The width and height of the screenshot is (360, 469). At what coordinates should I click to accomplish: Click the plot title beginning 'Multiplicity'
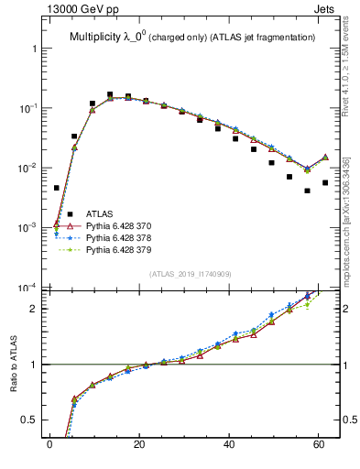(x=191, y=37)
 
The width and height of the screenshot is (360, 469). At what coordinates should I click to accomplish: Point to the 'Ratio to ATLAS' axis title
(x=12, y=364)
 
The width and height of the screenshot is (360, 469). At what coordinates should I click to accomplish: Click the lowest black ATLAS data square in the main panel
(x=307, y=191)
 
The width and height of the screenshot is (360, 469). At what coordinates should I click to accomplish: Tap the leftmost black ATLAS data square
(x=57, y=188)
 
